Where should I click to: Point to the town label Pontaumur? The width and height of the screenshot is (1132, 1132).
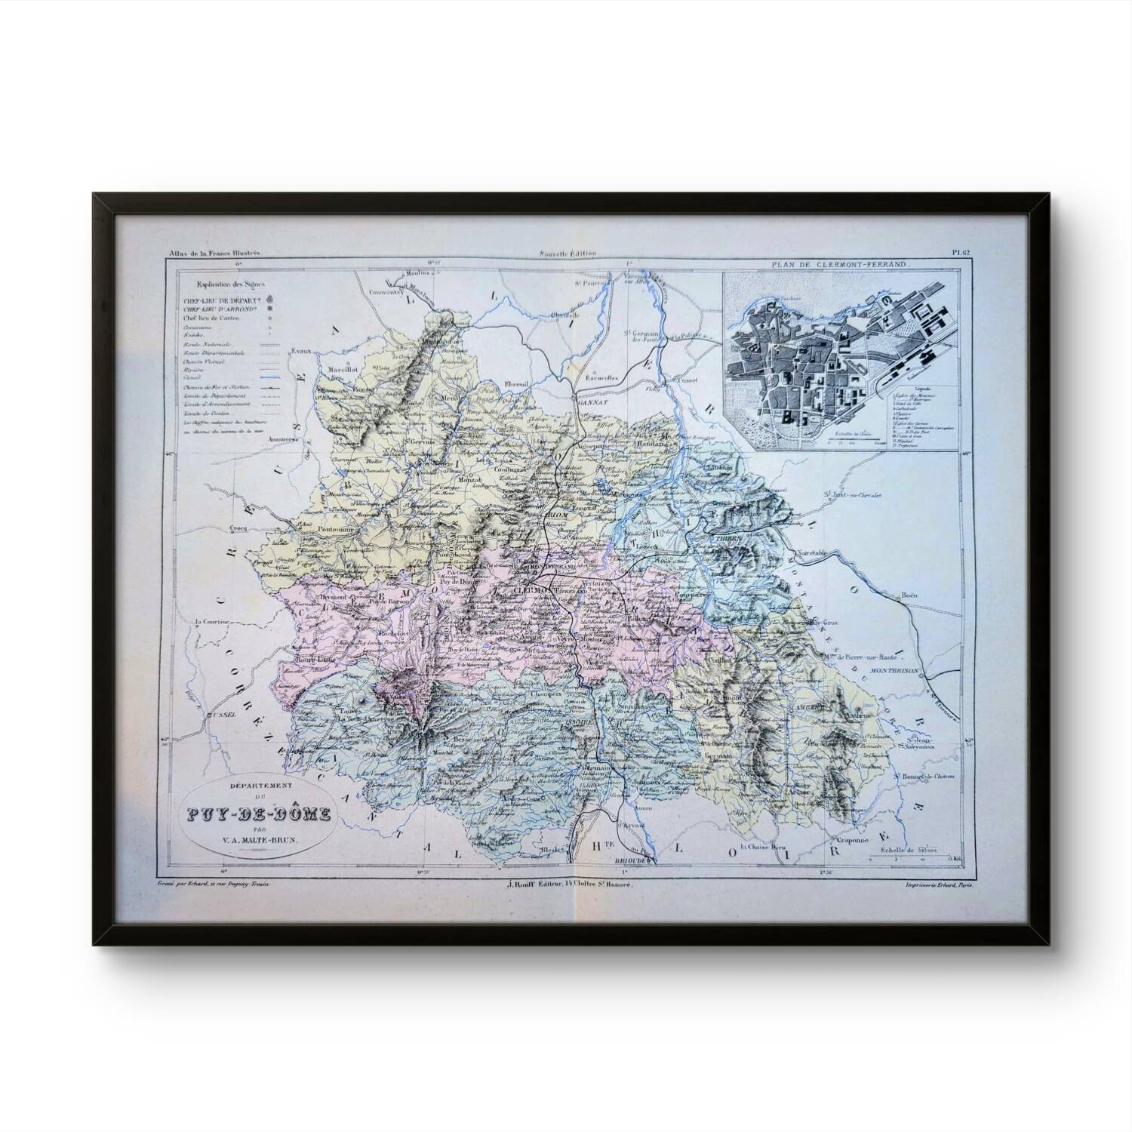(320, 530)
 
